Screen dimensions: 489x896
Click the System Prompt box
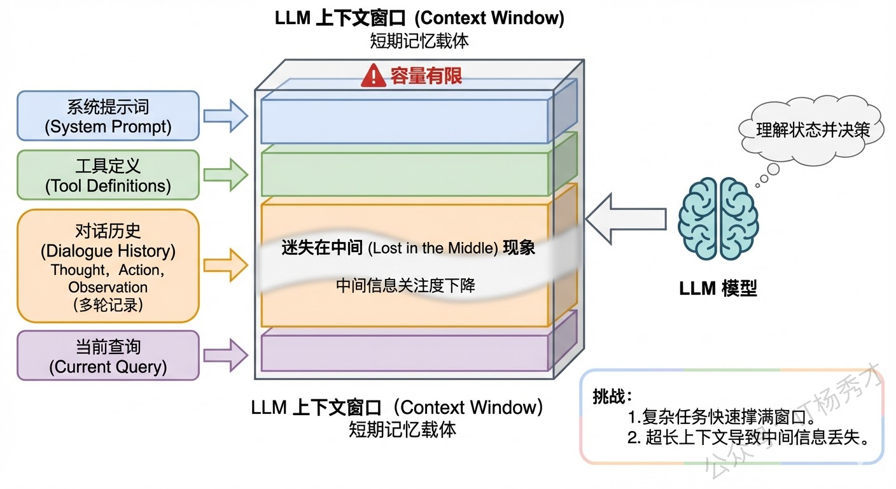pos(108,116)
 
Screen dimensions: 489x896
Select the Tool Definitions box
pos(108,175)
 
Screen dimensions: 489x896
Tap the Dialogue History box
pos(108,266)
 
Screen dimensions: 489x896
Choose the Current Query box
pos(108,355)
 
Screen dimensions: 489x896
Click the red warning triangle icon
pos(374,76)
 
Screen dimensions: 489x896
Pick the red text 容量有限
pos(426,77)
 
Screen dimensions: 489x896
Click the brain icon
pos(718,218)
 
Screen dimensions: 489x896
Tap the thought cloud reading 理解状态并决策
pos(812,131)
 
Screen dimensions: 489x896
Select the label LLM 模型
pos(718,288)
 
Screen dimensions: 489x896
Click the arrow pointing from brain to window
pos(626,219)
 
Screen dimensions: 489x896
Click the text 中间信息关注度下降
pos(405,285)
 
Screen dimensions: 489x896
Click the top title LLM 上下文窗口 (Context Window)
pos(419,18)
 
